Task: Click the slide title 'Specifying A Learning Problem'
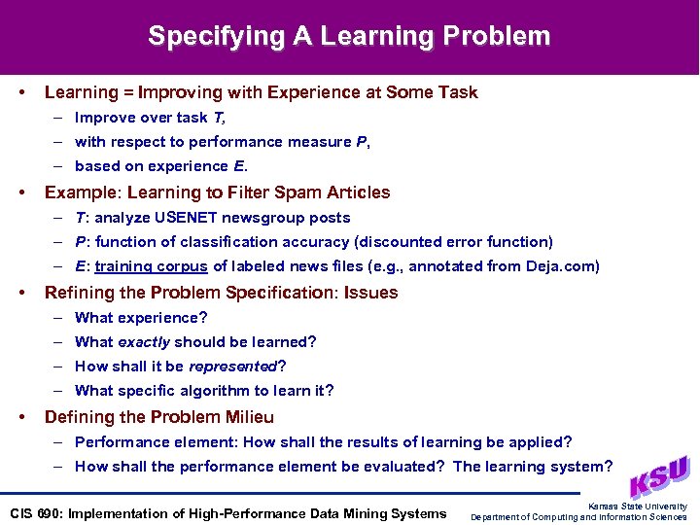(x=349, y=37)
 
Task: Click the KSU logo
(x=659, y=477)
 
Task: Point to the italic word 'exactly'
(x=143, y=342)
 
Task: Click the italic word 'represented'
(x=232, y=367)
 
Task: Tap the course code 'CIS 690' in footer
(x=34, y=513)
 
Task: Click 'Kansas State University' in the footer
(x=638, y=507)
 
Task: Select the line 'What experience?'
(x=141, y=318)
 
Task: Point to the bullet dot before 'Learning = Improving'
(x=21, y=92)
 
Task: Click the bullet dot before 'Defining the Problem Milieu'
(x=21, y=417)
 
